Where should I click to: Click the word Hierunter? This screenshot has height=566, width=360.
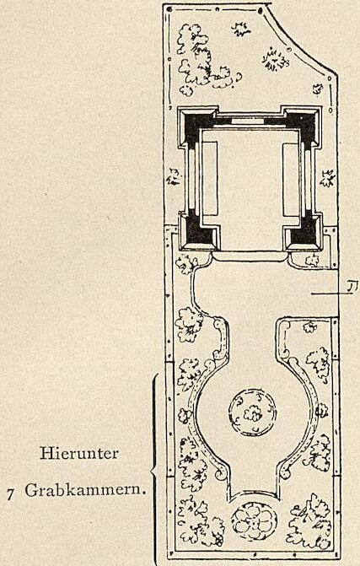pos(79,453)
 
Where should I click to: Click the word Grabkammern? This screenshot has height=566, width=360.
pos(85,491)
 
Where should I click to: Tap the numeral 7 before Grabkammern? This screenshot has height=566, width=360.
pos(10,493)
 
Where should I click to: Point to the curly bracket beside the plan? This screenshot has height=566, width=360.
pos(154,469)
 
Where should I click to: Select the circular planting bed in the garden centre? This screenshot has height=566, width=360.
pos(252,412)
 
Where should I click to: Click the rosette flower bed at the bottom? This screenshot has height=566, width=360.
pos(255,520)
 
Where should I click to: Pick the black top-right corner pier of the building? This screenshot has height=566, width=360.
pos(303,123)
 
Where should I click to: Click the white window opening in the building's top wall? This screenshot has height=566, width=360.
pos(248,121)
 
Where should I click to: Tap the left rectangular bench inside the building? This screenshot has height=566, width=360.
pos(210,179)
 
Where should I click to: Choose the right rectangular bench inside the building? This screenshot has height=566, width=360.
pos(291,179)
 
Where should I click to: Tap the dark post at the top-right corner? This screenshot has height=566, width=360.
pos(260,11)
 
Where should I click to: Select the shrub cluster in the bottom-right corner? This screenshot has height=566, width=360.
pos(309,520)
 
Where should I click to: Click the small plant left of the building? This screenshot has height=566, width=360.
pos(174,176)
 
